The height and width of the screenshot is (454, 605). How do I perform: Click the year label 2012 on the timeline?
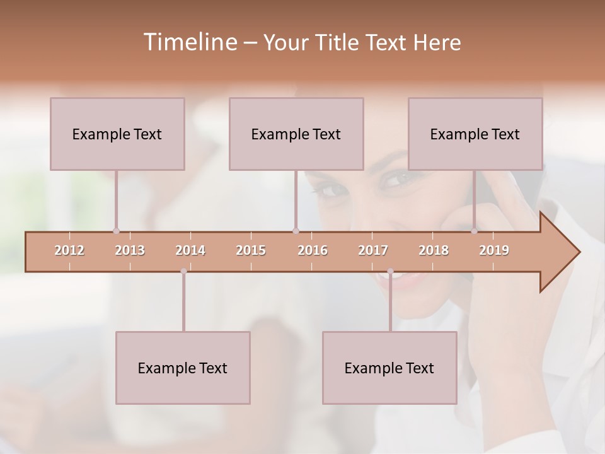tap(69, 250)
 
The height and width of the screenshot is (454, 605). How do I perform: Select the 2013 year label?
tap(130, 250)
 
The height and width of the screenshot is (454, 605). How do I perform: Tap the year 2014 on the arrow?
tap(190, 250)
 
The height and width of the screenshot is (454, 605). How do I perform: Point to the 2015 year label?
tap(251, 250)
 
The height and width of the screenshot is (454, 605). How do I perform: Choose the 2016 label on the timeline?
tap(313, 250)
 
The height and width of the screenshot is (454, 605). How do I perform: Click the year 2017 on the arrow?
tap(373, 250)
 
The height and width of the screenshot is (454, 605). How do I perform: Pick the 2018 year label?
tap(434, 250)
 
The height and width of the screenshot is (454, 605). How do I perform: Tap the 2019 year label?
tap(494, 250)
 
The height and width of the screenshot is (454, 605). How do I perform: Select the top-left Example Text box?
tap(117, 134)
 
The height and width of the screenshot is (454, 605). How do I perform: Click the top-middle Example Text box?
tap(296, 134)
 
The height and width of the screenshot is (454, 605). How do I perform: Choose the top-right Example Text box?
tap(475, 134)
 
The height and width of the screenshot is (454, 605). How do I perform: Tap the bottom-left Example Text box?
tap(183, 368)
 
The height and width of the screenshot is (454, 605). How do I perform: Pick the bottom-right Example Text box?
tap(389, 368)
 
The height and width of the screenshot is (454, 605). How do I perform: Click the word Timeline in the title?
tap(189, 42)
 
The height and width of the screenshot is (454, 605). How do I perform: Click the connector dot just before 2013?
tap(116, 231)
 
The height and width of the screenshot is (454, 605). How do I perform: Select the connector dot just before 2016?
tap(296, 231)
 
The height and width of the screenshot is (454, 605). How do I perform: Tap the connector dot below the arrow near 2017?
tap(390, 272)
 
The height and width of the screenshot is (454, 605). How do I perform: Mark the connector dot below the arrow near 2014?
tap(183, 272)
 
